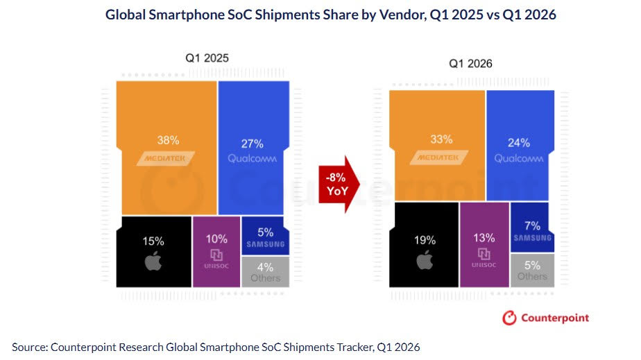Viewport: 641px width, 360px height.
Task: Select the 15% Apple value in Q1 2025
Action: coord(153,241)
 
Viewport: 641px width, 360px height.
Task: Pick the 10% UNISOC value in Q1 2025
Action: coord(216,238)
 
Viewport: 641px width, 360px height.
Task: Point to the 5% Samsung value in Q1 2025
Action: coord(265,232)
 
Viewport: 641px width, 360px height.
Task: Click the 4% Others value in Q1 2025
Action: coord(265,266)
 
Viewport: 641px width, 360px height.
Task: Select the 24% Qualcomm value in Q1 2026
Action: coord(519,143)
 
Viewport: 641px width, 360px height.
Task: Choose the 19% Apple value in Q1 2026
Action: coord(425,240)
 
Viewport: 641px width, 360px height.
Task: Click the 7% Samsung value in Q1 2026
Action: coord(532,225)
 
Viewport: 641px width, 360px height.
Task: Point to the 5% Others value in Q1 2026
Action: coord(532,264)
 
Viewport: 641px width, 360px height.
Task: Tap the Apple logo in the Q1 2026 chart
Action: coord(425,262)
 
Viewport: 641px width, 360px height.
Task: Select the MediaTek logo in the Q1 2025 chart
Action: coord(166,159)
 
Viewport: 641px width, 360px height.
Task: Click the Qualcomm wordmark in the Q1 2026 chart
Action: coord(519,159)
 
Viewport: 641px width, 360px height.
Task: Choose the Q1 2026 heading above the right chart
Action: coord(470,63)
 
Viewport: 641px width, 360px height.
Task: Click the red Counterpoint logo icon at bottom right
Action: coord(510,318)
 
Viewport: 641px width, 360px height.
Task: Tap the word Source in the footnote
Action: coord(29,346)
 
